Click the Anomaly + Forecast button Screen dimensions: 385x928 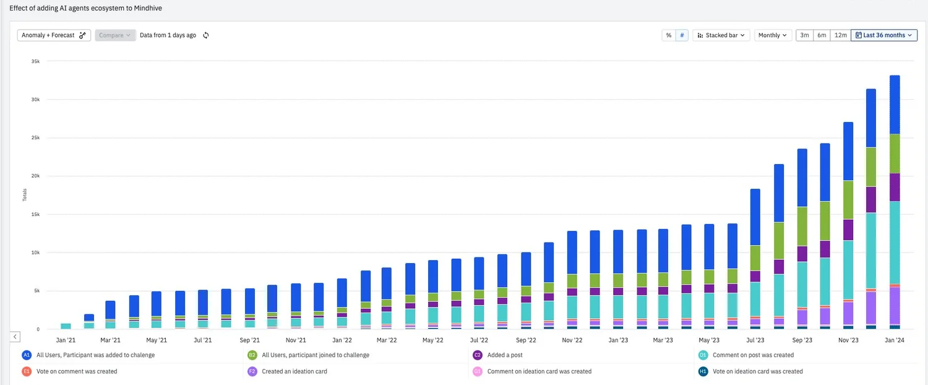point(54,35)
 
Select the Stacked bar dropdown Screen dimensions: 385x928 point(721,35)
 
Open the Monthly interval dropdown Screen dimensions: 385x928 point(773,35)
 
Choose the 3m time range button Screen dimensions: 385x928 point(804,35)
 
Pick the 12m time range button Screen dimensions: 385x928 point(840,35)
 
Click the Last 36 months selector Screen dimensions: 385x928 point(883,35)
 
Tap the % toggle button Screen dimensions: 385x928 point(668,35)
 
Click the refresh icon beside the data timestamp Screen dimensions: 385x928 point(206,35)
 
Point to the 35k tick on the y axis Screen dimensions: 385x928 point(35,61)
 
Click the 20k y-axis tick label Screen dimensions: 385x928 point(35,176)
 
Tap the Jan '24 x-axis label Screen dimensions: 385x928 point(895,340)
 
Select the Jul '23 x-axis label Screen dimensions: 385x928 point(755,340)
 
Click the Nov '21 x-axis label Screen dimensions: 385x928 point(296,340)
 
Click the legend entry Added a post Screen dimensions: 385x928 point(505,355)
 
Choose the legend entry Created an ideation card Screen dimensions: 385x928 point(294,371)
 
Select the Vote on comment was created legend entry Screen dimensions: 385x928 point(76,371)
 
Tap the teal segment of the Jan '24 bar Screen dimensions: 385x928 point(895,241)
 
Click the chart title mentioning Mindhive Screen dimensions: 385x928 point(86,8)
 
